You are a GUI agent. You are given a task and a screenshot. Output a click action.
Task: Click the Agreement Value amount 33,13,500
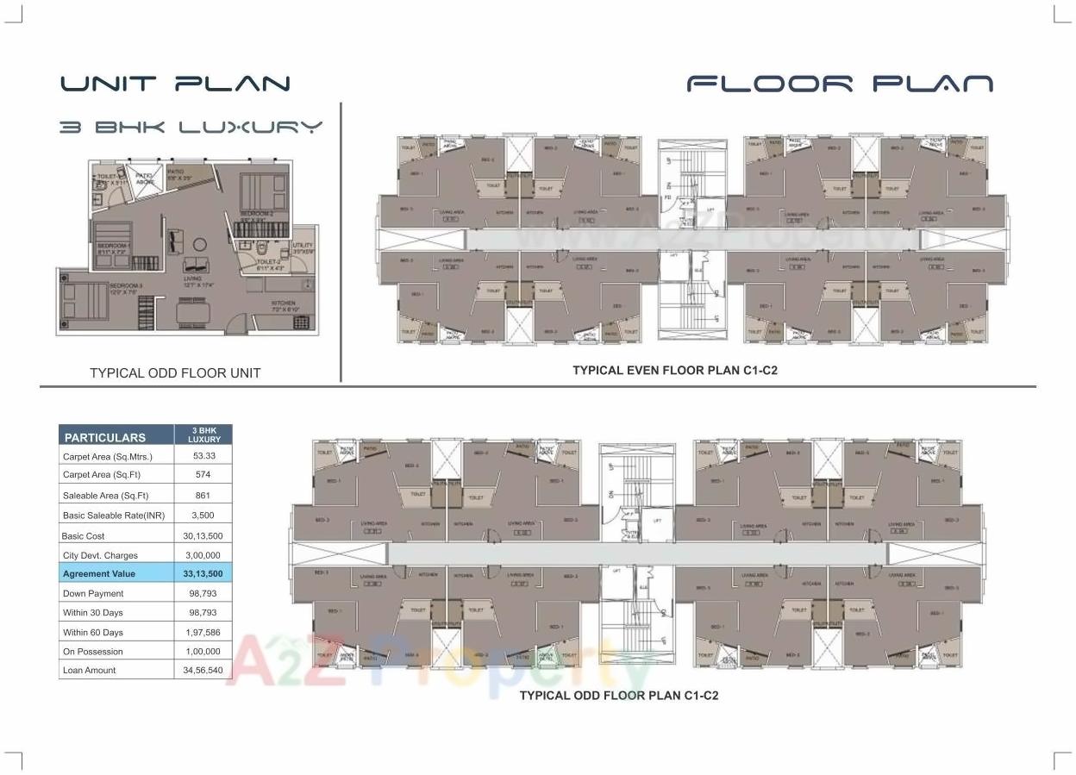tap(203, 573)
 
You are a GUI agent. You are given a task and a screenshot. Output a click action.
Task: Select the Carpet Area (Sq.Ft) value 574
tap(203, 476)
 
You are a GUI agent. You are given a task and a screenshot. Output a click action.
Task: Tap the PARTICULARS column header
tap(105, 437)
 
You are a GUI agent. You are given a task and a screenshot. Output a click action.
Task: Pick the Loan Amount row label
tap(89, 670)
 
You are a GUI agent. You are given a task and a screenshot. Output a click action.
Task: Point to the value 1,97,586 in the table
tap(203, 632)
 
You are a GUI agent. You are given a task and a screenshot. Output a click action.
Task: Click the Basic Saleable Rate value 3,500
tap(203, 516)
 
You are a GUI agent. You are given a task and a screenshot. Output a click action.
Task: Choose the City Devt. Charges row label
tap(100, 555)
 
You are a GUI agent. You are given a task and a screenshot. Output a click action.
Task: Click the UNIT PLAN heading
tap(175, 84)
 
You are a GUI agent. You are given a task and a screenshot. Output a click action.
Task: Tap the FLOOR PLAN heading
tap(839, 84)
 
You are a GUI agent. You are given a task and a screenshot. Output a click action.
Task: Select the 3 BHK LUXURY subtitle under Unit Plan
tap(191, 127)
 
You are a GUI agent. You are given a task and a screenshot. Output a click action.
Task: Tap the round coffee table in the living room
tap(199, 244)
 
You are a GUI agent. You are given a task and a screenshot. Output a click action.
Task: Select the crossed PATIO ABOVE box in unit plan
tap(145, 179)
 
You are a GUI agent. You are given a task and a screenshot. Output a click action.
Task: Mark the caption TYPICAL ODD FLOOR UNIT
tap(175, 372)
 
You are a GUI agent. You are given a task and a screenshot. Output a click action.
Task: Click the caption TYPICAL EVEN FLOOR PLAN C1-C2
tap(675, 370)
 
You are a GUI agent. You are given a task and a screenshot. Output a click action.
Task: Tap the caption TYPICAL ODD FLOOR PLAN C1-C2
tap(618, 695)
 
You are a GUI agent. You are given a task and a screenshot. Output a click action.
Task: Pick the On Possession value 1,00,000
tap(203, 652)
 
